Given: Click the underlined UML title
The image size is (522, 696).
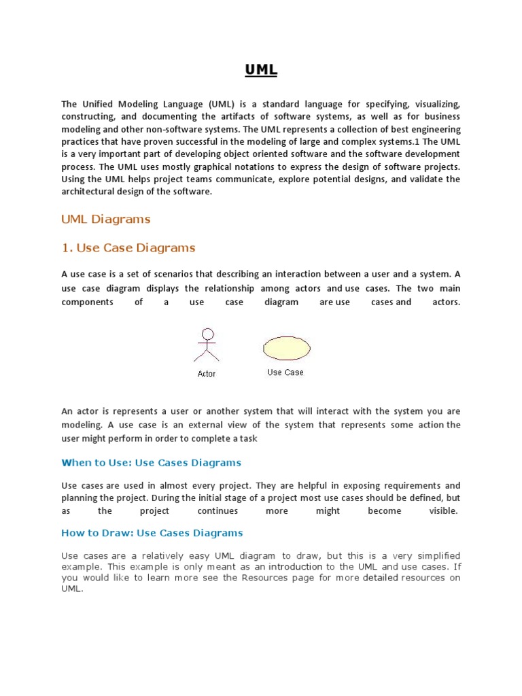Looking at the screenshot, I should pyautogui.click(x=261, y=70).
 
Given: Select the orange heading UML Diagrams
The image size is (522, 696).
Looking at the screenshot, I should pyautogui.click(x=105, y=220).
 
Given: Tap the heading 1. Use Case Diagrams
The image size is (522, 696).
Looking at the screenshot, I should pyautogui.click(x=128, y=248).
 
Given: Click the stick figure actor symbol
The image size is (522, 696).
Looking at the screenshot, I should pyautogui.click(x=207, y=345).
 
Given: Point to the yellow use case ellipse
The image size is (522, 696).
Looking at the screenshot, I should pyautogui.click(x=287, y=348).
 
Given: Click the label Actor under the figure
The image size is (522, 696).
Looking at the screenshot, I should pyautogui.click(x=207, y=374).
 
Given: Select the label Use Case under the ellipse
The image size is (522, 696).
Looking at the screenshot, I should pyautogui.click(x=285, y=372).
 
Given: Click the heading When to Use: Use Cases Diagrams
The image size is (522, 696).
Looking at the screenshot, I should pyautogui.click(x=151, y=463).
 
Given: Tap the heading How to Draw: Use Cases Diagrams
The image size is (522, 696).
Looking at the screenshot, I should pyautogui.click(x=152, y=533).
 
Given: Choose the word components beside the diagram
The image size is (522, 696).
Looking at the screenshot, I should pyautogui.click(x=87, y=302).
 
